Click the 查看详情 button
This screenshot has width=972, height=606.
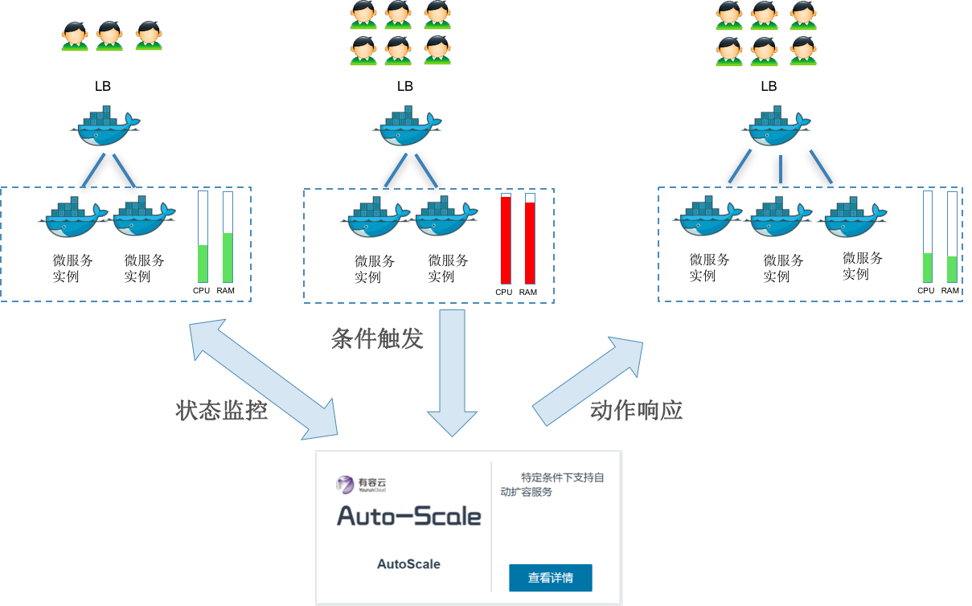click(x=550, y=578)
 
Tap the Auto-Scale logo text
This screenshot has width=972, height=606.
click(x=408, y=516)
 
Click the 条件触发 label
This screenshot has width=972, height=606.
click(x=377, y=338)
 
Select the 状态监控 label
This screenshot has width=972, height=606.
click(x=221, y=411)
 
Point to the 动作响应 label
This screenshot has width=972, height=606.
click(x=636, y=411)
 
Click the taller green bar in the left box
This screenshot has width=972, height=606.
click(x=228, y=257)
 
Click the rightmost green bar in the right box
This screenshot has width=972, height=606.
click(x=953, y=269)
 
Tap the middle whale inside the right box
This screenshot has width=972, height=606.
click(x=781, y=217)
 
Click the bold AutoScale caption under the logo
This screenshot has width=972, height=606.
click(x=408, y=564)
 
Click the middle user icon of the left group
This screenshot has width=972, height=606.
click(x=109, y=36)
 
